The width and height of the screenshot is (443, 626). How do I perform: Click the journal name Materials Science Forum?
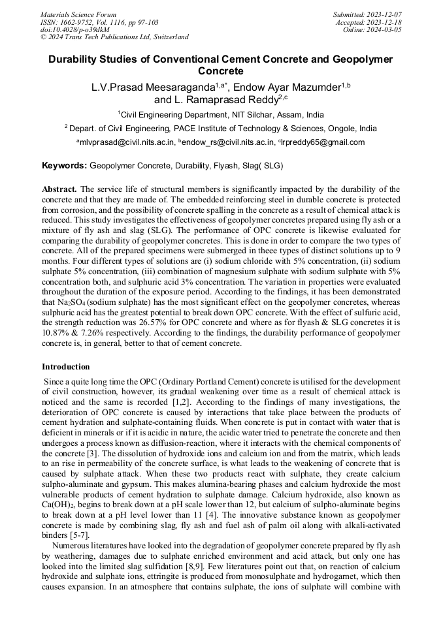(x=78, y=14)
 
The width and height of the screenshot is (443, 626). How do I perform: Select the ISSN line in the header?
(x=99, y=22)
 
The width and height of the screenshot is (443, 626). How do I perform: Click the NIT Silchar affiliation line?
(x=222, y=114)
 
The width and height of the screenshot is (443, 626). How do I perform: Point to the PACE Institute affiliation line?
(x=222, y=129)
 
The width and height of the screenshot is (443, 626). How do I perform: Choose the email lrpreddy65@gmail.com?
(x=323, y=142)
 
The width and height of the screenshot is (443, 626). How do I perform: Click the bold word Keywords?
(x=64, y=166)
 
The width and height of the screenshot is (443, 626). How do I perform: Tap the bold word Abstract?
(x=59, y=189)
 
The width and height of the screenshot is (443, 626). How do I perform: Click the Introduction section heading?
(x=66, y=367)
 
